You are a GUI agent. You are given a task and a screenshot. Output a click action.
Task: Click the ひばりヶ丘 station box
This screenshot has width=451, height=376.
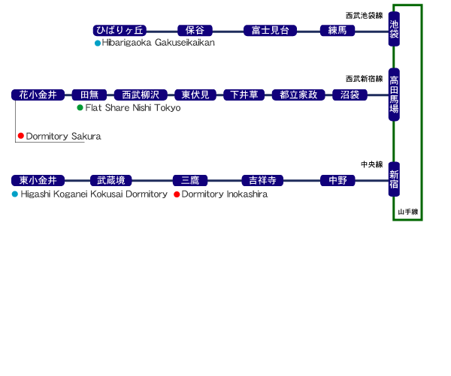123,31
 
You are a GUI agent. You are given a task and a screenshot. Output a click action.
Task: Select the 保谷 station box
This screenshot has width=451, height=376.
195,31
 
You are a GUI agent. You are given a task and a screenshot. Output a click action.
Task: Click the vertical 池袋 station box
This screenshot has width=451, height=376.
394,32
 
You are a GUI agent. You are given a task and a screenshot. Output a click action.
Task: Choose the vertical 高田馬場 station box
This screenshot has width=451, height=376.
394,93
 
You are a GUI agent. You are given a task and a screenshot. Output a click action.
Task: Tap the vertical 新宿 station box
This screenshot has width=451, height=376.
394,180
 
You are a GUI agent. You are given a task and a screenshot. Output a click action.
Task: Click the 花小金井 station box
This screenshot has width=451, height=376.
38,95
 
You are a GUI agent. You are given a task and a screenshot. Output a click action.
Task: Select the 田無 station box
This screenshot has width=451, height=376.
89,95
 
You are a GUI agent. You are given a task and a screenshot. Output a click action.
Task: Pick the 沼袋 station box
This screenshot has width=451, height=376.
350,95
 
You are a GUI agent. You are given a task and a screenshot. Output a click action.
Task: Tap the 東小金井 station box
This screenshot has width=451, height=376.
38,180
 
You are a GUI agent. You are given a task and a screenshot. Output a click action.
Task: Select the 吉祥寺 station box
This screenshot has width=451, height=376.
263,180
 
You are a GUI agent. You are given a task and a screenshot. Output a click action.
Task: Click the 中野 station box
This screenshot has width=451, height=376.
337,180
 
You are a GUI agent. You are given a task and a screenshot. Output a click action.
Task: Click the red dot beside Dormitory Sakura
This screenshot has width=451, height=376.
21,137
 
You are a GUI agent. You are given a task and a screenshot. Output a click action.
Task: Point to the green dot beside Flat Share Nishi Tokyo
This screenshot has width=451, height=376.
80,108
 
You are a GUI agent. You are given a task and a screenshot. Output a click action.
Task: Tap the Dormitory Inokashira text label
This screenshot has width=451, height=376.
225,194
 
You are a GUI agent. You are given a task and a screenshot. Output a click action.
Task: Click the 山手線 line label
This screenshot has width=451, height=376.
407,212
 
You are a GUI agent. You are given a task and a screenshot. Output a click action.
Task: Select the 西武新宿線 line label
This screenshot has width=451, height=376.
365,78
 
